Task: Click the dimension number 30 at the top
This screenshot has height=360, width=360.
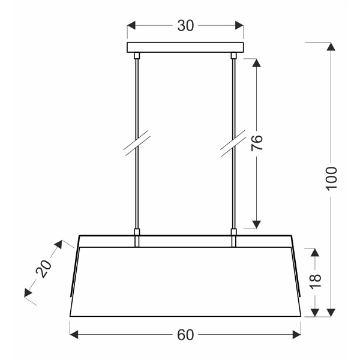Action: point(185,25)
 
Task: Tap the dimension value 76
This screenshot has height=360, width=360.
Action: point(257,143)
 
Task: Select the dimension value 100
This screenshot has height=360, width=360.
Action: point(331,178)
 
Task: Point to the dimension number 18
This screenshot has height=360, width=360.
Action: point(315,281)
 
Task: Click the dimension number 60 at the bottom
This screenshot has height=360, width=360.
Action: point(185,335)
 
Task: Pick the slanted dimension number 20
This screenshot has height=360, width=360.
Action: point(44,268)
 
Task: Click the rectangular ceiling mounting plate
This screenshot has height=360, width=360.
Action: point(185,47)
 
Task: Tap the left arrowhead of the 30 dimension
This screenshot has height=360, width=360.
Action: point(131,25)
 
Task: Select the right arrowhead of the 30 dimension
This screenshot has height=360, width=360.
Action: point(239,25)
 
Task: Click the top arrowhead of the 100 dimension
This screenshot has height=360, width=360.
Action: point(331,47)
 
